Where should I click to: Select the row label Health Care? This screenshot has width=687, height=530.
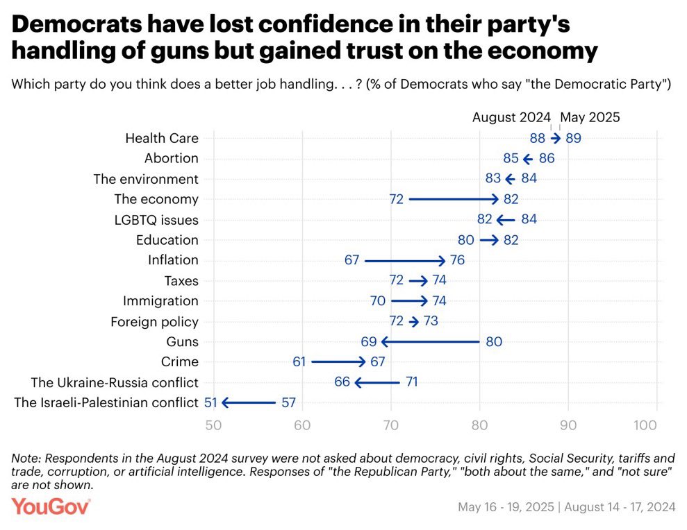(161, 138)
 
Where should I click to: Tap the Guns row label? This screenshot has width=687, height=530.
(182, 341)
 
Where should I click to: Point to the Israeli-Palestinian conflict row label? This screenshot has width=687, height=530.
(106, 402)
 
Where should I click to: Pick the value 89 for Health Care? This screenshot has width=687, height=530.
(573, 138)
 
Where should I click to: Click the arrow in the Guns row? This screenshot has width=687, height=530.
(430, 341)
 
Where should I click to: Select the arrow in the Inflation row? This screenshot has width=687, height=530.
(404, 260)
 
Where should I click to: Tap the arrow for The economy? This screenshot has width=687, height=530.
(454, 199)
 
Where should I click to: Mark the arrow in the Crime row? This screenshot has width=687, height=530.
(338, 361)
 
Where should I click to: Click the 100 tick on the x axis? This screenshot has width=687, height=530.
(647, 424)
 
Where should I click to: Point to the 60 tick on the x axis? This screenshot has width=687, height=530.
(302, 424)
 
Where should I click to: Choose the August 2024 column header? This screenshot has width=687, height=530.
(511, 117)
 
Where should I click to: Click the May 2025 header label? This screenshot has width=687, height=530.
(590, 117)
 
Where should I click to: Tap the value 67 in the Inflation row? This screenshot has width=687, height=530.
(351, 260)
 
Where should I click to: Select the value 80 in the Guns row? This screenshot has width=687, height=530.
(494, 341)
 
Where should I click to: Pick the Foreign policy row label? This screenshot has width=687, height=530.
(154, 321)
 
